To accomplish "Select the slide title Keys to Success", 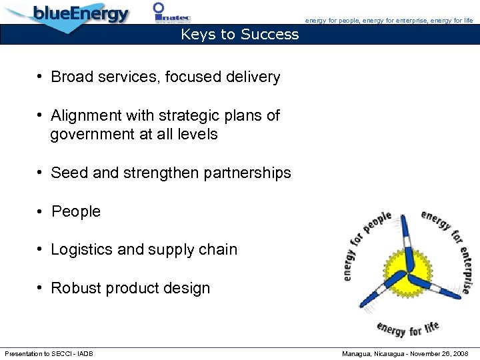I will coord(240,35).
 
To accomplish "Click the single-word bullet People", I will coord(76,212).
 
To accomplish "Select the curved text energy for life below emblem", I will coord(408,329).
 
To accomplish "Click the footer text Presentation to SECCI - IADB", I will coord(49,353).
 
